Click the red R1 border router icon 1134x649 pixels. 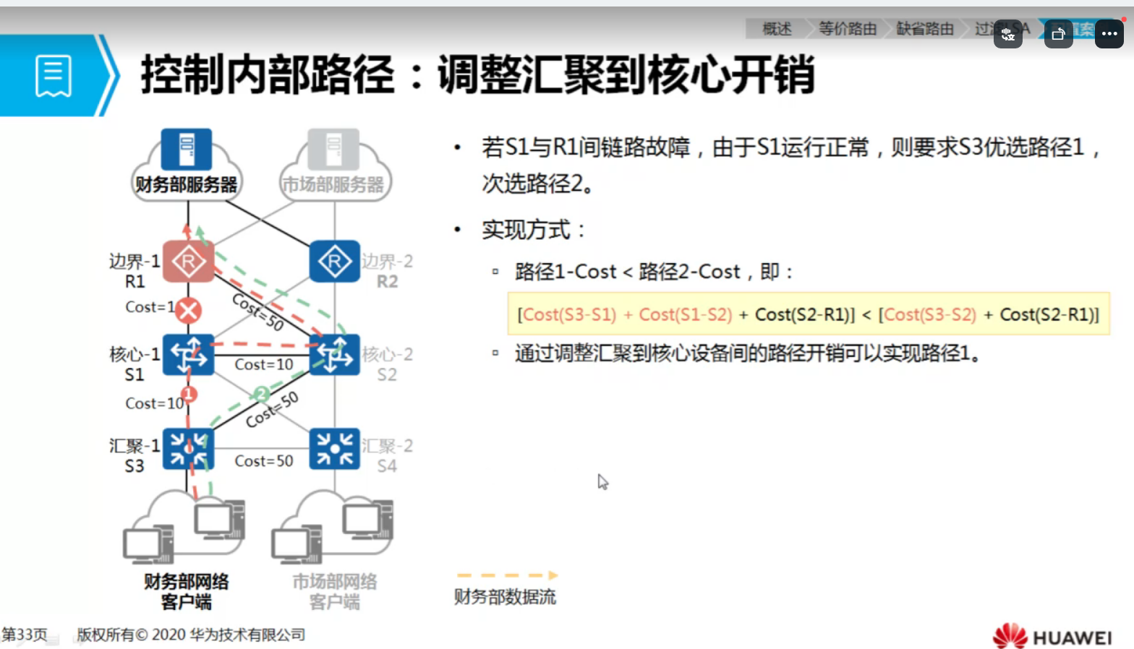(188, 262)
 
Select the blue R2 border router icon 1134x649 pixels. (334, 262)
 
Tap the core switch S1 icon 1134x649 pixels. (188, 355)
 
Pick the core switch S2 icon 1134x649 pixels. (334, 355)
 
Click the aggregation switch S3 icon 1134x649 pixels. (188, 449)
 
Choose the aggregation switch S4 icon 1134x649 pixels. (334, 449)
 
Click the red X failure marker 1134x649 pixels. (189, 311)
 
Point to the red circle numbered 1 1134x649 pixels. (189, 394)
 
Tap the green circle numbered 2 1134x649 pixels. (261, 394)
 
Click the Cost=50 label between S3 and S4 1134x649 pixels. (264, 461)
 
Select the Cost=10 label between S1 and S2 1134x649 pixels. (264, 365)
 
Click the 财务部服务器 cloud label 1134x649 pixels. (187, 185)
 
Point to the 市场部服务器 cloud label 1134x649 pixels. (333, 185)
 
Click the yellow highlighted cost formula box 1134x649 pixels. (808, 314)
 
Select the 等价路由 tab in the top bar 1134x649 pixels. (848, 29)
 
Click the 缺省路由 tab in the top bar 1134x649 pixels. (925, 29)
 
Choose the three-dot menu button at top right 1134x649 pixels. (1109, 34)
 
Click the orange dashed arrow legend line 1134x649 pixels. (507, 575)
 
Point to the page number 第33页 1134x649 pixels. (24, 635)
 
